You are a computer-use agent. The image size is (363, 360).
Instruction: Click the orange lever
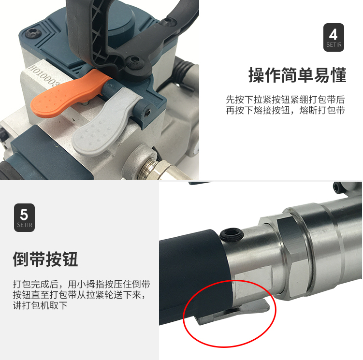pyautogui.click(x=67, y=95)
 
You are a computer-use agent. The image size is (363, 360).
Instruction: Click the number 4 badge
pyautogui.click(x=334, y=37)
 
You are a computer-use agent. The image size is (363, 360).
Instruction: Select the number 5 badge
pyautogui.click(x=24, y=217)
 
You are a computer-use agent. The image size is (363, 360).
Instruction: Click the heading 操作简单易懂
pyautogui.click(x=297, y=75)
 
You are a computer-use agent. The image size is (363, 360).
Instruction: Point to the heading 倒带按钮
pyautogui.click(x=45, y=259)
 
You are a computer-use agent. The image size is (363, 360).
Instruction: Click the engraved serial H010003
pyautogui.click(x=44, y=76)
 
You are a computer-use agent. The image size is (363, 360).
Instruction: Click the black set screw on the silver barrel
pyautogui.click(x=232, y=235)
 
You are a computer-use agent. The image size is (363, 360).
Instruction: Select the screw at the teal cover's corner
pyautogui.click(x=33, y=33)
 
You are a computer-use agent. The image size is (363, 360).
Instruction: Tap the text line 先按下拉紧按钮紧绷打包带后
pyautogui.click(x=286, y=100)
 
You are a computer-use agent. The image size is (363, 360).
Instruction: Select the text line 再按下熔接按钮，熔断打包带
pyautogui.click(x=286, y=110)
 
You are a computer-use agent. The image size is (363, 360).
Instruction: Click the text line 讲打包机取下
pyautogui.click(x=40, y=305)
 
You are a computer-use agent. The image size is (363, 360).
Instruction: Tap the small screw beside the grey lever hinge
pyautogui.click(x=147, y=113)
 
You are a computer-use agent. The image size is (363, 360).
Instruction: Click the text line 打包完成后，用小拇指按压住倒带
pyautogui.click(x=82, y=284)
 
